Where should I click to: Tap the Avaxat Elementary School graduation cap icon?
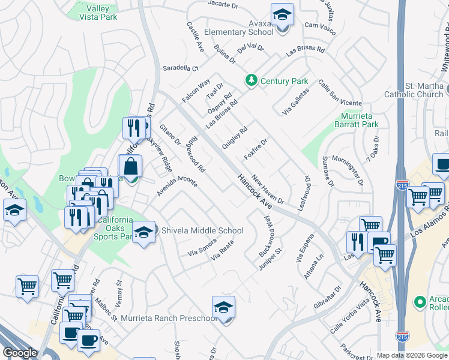pos(282,15)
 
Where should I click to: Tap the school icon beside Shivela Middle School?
pos(143,232)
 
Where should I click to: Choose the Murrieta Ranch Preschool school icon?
pos(223,308)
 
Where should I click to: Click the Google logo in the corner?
pos(20,352)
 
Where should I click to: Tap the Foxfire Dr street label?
pos(255,149)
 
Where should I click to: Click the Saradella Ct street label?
pos(180,68)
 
